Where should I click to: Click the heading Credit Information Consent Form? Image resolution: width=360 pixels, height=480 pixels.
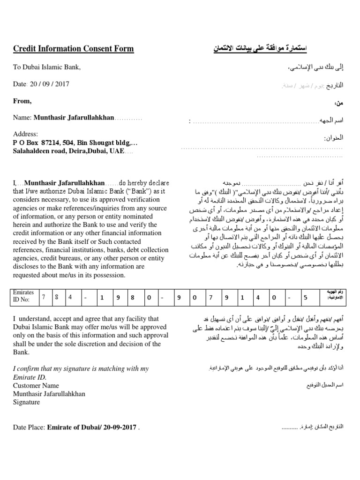point(73,49)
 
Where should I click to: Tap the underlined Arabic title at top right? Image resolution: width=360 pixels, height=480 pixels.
point(260,49)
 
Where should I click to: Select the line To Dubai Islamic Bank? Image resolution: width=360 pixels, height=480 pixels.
point(47,67)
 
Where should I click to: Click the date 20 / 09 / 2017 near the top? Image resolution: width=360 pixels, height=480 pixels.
point(55,84)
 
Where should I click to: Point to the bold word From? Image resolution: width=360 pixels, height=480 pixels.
point(22,101)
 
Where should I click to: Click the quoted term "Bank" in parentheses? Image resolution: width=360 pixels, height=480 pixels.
point(123,191)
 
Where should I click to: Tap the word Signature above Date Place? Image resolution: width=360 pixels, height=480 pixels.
point(26,402)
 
